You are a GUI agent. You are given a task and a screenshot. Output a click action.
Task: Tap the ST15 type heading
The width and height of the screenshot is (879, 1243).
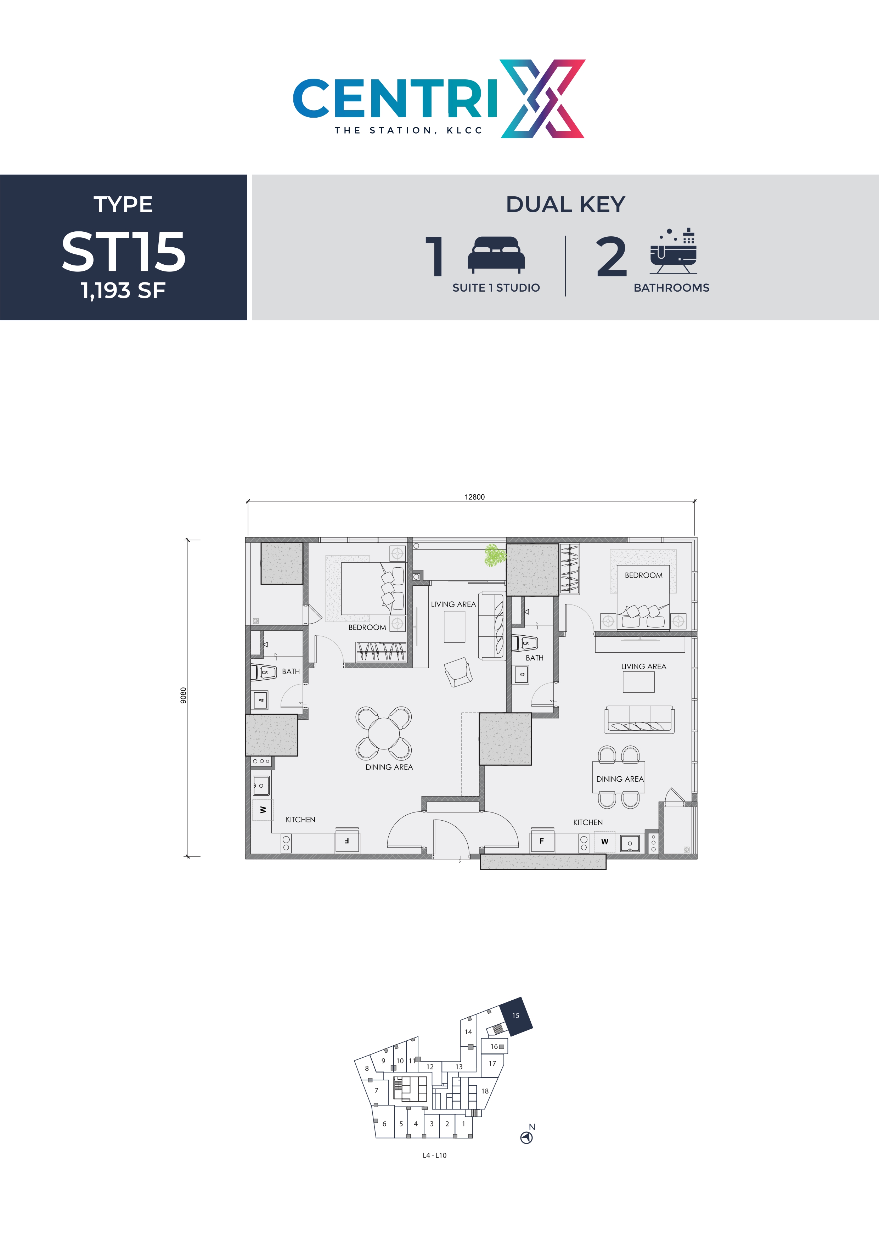tap(123, 252)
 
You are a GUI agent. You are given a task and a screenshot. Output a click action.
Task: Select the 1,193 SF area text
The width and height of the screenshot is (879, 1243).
tap(123, 291)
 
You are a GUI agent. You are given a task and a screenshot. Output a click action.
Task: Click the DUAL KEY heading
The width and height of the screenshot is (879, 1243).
tap(565, 205)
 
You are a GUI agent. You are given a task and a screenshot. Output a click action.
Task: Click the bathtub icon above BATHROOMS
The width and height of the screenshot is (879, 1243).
tap(673, 252)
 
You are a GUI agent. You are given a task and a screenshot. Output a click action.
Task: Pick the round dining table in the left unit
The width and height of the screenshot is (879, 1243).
tap(383, 733)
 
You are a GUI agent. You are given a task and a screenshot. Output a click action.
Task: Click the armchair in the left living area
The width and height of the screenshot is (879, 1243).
tap(458, 672)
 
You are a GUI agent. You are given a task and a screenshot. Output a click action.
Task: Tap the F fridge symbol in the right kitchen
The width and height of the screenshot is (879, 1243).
tap(541, 841)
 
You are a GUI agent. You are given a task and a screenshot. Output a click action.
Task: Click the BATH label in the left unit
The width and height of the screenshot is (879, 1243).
tap(291, 671)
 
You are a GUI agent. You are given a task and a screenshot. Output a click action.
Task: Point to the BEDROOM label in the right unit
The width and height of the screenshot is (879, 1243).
tap(643, 575)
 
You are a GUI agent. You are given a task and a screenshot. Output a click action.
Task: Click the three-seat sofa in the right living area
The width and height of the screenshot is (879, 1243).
tap(639, 720)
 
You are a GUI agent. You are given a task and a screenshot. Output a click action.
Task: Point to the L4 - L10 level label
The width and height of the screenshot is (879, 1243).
tap(434, 1155)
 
